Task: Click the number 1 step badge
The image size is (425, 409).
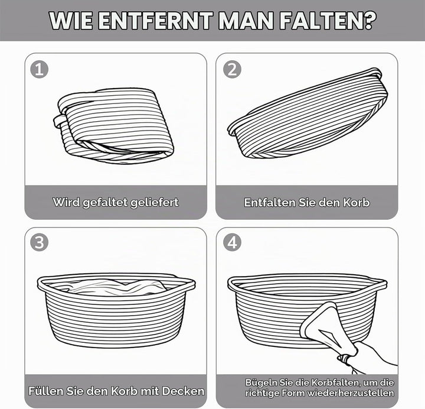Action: (40, 69)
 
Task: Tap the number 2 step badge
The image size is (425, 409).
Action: (232, 69)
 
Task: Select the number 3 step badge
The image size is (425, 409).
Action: (40, 242)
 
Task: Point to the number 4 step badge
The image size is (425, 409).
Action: (232, 242)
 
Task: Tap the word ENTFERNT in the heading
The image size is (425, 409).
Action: (156, 21)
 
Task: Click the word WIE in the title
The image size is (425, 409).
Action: (71, 21)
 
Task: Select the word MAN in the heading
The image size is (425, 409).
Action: (246, 21)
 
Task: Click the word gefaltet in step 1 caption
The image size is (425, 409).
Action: (105, 203)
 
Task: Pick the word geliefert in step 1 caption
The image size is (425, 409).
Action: (155, 203)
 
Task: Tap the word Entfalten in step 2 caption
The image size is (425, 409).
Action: (269, 203)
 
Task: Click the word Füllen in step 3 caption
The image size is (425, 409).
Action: (45, 391)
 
